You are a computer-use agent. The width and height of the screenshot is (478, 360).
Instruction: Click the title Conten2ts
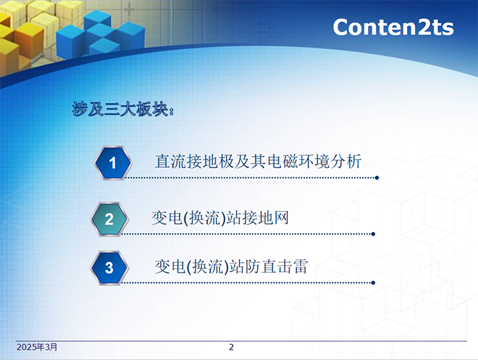[393, 27]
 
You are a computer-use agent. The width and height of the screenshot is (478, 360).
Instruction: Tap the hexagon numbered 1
[113, 163]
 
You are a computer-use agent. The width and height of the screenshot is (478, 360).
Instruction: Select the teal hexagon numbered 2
[109, 219]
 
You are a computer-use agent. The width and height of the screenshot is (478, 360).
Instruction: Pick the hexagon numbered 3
[109, 268]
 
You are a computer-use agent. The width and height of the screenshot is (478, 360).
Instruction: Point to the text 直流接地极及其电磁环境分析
[258, 161]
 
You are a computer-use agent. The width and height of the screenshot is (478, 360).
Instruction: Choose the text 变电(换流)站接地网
[220, 218]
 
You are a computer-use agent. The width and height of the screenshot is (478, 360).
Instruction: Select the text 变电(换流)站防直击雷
[231, 267]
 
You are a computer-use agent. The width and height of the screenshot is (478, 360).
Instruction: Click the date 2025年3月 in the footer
[37, 347]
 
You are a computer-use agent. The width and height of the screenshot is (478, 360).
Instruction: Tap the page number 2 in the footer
[231, 347]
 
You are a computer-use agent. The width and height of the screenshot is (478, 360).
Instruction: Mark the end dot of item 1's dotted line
[377, 177]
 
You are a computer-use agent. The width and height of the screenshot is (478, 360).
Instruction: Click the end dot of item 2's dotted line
[373, 234]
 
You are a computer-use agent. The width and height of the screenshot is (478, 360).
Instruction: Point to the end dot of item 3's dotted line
[373, 283]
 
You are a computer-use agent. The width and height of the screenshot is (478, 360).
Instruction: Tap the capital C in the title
[341, 27]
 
